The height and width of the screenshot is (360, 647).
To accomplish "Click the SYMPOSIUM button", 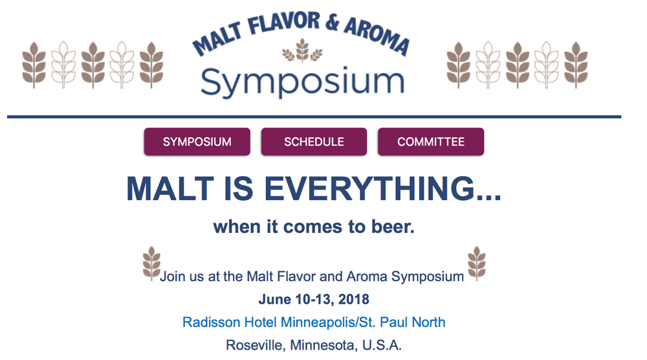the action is (197, 142).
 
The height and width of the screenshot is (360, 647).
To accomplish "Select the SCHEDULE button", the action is (314, 142).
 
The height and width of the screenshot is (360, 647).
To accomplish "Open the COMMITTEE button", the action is (431, 142).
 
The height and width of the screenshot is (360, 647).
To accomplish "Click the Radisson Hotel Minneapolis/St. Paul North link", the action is (314, 322).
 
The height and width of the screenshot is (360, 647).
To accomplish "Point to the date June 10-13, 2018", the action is (314, 299).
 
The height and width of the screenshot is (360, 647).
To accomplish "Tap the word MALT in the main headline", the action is (170, 188).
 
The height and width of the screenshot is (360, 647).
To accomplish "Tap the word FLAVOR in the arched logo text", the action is (283, 23).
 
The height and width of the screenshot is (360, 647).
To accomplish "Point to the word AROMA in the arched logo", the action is (377, 35).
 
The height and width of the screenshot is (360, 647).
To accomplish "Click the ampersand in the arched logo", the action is (332, 22).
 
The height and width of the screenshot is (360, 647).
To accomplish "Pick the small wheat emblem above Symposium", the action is (302, 51).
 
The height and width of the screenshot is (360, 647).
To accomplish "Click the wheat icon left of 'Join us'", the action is (151, 264).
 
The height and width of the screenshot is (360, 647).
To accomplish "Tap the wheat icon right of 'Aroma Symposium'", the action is (477, 264).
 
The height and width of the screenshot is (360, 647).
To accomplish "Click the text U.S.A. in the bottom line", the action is (382, 344).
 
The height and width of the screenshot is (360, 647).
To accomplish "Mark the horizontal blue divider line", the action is (314, 117).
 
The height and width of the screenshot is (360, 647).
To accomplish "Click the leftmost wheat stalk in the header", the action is (34, 65).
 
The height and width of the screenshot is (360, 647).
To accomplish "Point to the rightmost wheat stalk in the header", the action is (576, 65).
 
